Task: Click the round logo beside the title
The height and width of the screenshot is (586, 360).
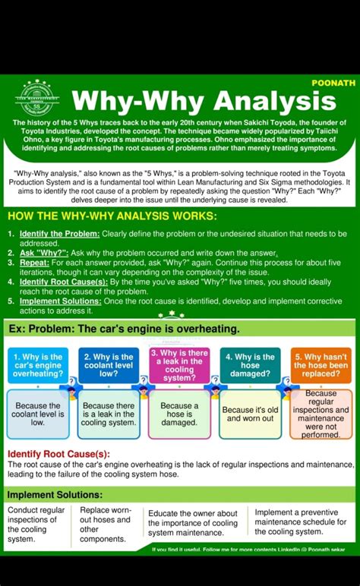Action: click(x=36, y=98)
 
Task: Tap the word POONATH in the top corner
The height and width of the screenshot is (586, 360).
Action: click(x=333, y=82)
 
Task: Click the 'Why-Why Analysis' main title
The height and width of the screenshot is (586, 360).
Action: click(x=203, y=101)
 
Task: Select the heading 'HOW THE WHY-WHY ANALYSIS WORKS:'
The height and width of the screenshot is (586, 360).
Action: click(x=112, y=216)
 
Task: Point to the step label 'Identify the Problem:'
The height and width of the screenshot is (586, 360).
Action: click(x=59, y=233)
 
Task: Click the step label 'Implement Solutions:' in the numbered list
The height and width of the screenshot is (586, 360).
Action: click(x=60, y=301)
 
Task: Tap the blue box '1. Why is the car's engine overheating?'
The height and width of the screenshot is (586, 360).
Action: click(x=38, y=365)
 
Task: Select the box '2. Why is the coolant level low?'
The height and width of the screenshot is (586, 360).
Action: click(x=109, y=365)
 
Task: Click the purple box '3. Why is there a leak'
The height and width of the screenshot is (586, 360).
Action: click(x=179, y=365)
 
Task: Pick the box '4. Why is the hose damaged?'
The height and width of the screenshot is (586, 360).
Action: click(x=250, y=365)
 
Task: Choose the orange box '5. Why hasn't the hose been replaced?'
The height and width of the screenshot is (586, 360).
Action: click(x=321, y=365)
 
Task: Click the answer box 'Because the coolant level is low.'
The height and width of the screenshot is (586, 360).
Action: click(x=38, y=414)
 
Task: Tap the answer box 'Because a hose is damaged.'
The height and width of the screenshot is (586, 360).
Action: click(x=179, y=414)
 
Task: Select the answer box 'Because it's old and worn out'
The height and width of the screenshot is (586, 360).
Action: click(x=250, y=414)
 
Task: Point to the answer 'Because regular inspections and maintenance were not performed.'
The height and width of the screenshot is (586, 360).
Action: click(x=321, y=414)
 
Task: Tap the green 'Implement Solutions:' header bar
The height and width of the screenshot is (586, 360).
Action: click(x=179, y=495)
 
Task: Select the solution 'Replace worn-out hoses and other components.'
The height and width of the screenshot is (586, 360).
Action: click(x=106, y=525)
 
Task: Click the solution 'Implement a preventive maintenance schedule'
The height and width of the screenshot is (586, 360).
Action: click(x=300, y=522)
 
